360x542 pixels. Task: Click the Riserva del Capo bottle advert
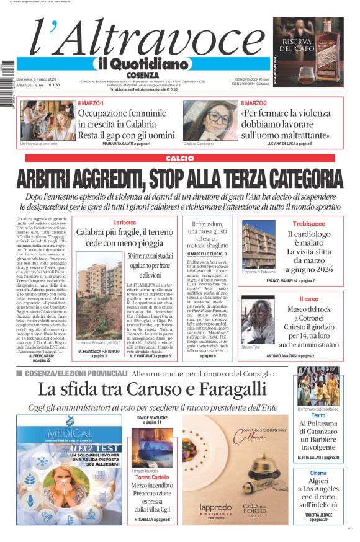308,43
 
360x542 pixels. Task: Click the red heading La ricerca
124,222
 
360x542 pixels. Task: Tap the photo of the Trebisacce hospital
258,244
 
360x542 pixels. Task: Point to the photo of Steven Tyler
258,320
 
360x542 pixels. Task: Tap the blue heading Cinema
318,473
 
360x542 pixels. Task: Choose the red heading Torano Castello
151,478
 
